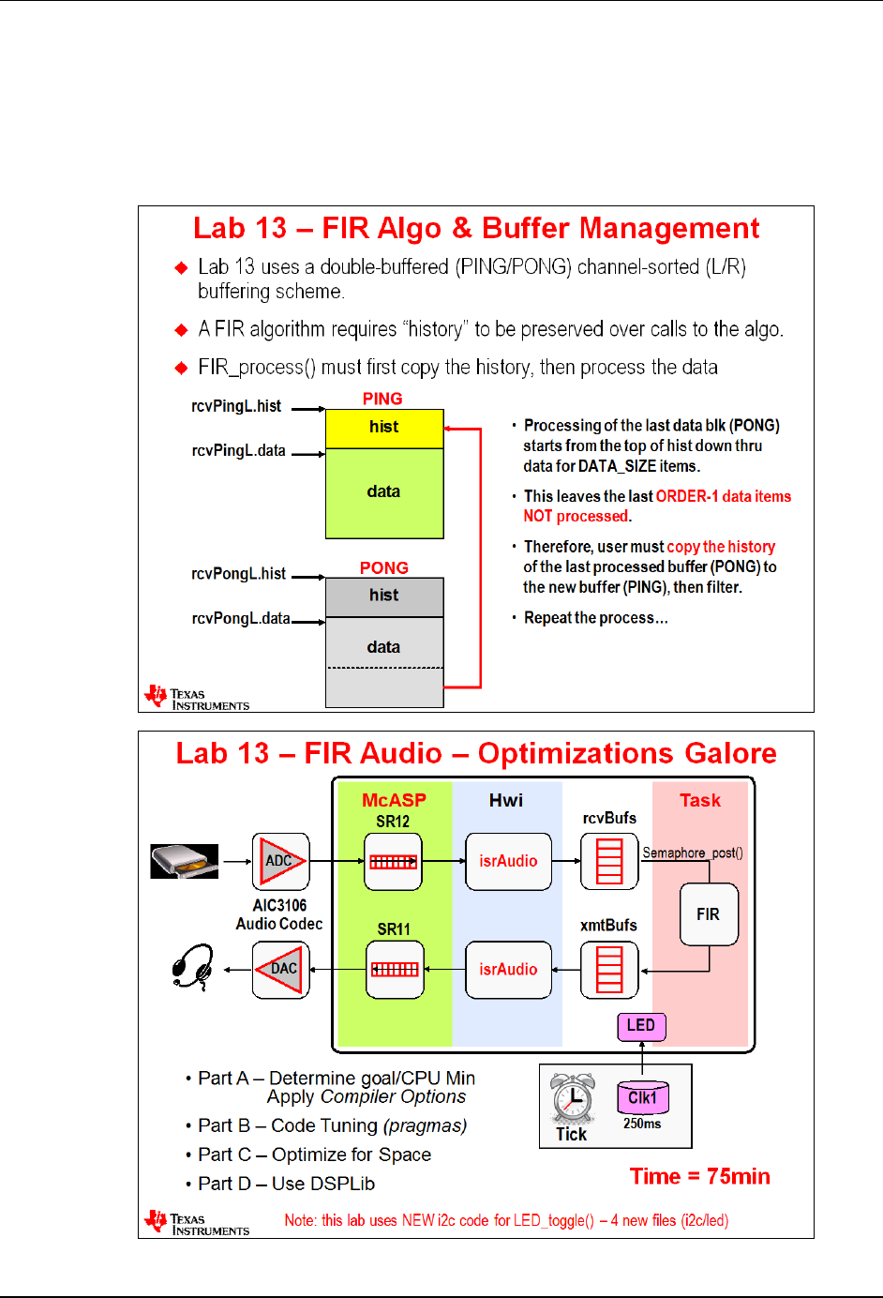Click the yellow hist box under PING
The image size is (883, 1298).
coord(384,429)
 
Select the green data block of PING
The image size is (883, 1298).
coord(384,492)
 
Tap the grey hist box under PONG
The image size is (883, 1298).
coord(384,596)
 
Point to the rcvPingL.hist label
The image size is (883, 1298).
coord(236,406)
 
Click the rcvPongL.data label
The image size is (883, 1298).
coord(241,618)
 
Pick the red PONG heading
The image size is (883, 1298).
coord(384,568)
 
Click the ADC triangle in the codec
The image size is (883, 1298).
coord(280,861)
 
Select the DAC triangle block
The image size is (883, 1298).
coord(281,970)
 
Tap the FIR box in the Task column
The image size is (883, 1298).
coord(709,914)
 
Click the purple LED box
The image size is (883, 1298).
coord(641,1026)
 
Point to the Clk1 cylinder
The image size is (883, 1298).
coord(642,1098)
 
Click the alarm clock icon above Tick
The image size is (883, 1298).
coord(572,1099)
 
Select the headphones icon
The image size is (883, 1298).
coord(193,967)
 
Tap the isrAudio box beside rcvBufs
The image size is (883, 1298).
coord(508,861)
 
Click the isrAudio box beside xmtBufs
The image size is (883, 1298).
coord(508,970)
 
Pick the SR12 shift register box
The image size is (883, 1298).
coord(393,861)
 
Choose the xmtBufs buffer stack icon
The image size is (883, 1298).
coord(609,970)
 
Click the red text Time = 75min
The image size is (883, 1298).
coord(699,1177)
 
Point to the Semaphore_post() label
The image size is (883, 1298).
coord(692,853)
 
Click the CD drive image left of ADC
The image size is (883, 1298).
coord(185,861)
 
